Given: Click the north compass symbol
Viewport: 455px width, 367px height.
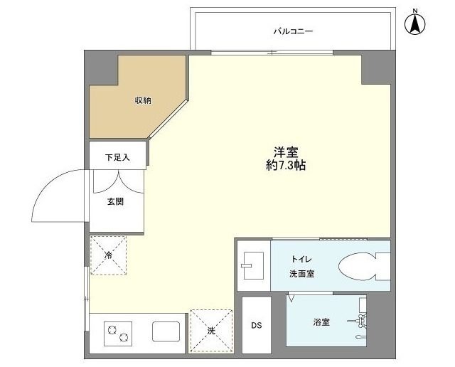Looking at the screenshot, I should pos(414,23).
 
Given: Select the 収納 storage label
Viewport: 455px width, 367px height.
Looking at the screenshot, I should pos(143,100).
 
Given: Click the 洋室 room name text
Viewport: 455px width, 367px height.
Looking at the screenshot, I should pos(286,151).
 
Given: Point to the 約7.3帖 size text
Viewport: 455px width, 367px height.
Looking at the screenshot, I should pos(286,165).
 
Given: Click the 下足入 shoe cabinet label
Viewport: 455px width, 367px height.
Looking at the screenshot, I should pos(117,157).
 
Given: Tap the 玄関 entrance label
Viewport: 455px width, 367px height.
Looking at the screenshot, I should pos(116,201).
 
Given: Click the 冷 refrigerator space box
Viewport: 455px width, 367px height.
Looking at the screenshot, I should pos(108,255).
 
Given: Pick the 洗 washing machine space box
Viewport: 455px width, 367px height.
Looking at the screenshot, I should pos(211,330).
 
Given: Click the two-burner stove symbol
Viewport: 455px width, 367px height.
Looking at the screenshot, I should pos(118,332).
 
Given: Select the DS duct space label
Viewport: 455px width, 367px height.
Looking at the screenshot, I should pos(256,326).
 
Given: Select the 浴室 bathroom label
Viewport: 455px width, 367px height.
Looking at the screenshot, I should pos(321,322).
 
